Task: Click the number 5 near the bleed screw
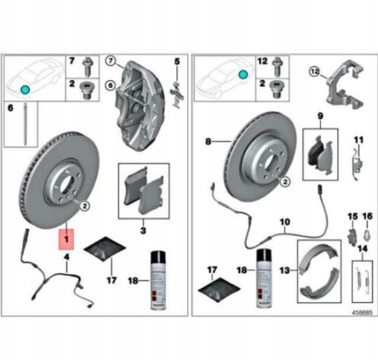pyautogui.click(x=178, y=61)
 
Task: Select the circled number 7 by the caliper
pyautogui.click(x=110, y=61)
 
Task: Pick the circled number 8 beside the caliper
pyautogui.click(x=110, y=85)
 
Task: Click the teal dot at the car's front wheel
pyautogui.click(x=26, y=89)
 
